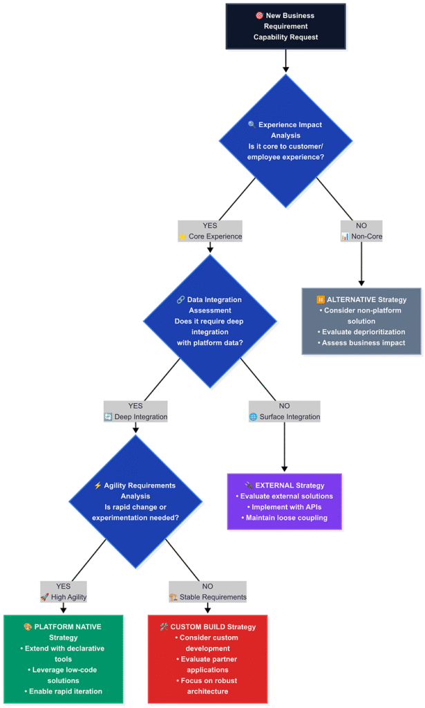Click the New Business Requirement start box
coord(285,26)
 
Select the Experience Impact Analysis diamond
coord(285,141)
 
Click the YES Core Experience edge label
coord(210,231)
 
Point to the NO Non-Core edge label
coord(361,231)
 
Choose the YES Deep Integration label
coord(135,411)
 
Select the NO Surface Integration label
coord(284,411)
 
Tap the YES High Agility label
coord(64,591)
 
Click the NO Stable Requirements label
coord(207,591)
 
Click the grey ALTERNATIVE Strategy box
coord(361,321)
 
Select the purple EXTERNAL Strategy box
coord(284,501)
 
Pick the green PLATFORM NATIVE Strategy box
coord(63,659)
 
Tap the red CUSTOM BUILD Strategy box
coord(207,659)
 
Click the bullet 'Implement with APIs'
coord(284,507)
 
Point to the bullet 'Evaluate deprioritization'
coord(361,332)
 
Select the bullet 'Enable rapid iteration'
coord(63,691)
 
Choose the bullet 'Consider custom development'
coord(207,643)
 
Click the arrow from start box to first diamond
coord(285,61)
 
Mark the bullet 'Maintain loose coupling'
coord(284,518)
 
